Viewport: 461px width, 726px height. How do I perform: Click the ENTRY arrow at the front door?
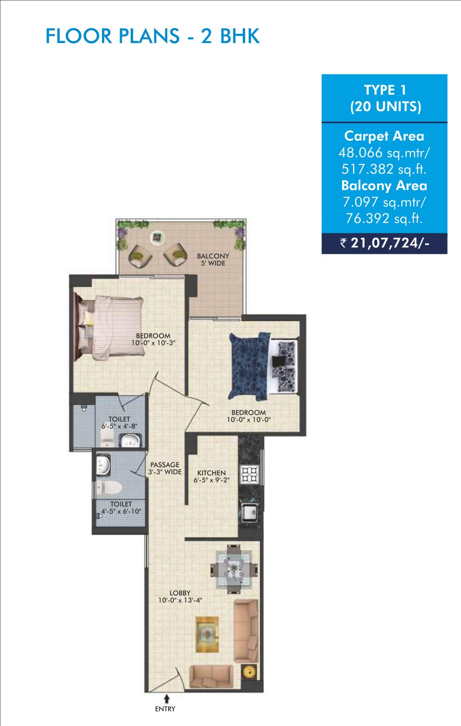click(167, 699)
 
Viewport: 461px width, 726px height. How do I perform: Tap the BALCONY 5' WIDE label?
click(213, 260)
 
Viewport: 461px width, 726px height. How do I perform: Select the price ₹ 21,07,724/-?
click(385, 243)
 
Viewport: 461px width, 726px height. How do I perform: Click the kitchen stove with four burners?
click(249, 475)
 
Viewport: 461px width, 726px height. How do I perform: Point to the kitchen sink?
click(249, 512)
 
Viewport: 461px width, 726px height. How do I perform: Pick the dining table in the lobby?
click(234, 569)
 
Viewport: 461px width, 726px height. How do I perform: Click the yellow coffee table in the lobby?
click(207, 634)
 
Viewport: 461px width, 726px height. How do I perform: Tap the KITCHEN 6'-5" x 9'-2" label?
click(212, 476)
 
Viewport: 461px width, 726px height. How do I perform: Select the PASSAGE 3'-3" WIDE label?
click(165, 469)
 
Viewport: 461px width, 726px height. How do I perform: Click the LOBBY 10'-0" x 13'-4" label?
click(180, 596)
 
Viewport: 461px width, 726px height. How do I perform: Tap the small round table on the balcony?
click(158, 238)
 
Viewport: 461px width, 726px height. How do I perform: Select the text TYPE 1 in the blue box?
click(385, 90)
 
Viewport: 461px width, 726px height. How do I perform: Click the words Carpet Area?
click(384, 136)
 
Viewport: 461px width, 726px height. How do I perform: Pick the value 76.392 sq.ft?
click(384, 219)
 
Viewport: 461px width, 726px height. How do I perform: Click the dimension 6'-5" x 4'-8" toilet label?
click(120, 426)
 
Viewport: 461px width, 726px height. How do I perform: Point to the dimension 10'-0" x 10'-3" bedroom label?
click(153, 343)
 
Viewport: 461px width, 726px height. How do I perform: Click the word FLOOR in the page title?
click(78, 36)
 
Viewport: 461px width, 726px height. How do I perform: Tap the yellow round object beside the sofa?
click(249, 672)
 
